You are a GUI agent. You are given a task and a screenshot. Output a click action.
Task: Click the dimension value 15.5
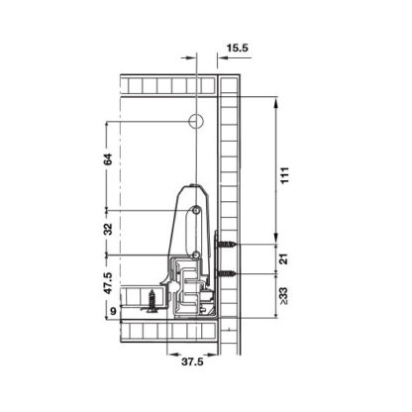[x=236, y=47]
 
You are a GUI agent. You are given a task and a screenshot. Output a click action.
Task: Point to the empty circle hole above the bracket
[x=195, y=122]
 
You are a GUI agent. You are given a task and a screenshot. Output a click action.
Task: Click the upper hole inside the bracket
[x=197, y=211]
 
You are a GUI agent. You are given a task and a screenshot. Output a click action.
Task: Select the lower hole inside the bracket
[x=197, y=255]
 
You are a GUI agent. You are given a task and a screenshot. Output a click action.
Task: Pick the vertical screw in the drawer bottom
[x=153, y=299]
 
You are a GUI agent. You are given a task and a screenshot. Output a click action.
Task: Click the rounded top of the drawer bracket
[x=188, y=189]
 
